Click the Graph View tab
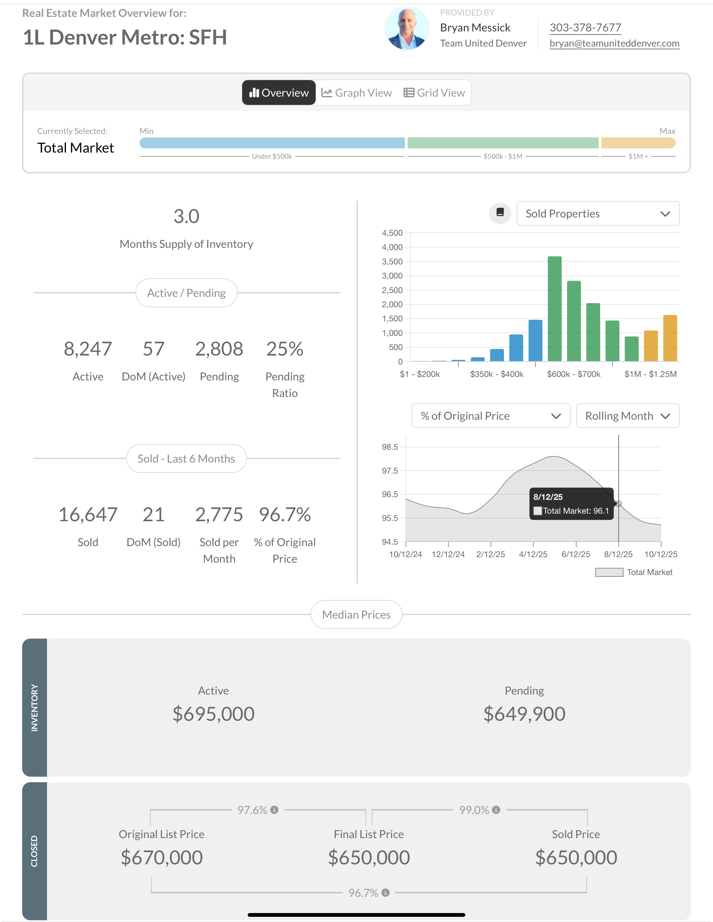(x=356, y=93)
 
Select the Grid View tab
(x=434, y=93)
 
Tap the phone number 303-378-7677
(x=585, y=28)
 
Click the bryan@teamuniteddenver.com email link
(x=614, y=43)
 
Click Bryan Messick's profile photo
(x=407, y=28)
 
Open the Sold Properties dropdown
(x=598, y=214)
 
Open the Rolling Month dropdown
(x=627, y=416)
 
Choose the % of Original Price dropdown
(x=491, y=416)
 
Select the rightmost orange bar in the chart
(x=670, y=338)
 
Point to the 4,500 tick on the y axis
(x=392, y=233)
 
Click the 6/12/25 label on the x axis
(x=576, y=554)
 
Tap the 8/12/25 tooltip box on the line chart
(x=571, y=504)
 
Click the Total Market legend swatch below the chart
(x=609, y=572)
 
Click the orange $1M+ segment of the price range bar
(x=638, y=143)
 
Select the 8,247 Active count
(x=88, y=349)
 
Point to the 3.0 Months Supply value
(x=186, y=216)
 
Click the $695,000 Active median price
(x=213, y=714)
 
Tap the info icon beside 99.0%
(x=496, y=810)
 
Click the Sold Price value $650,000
(x=576, y=857)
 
